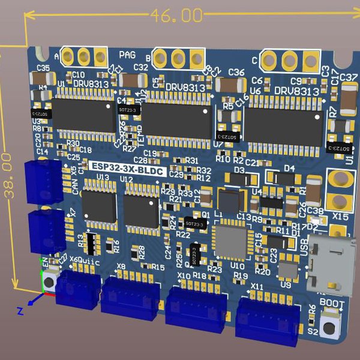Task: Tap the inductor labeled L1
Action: (x=227, y=200)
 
